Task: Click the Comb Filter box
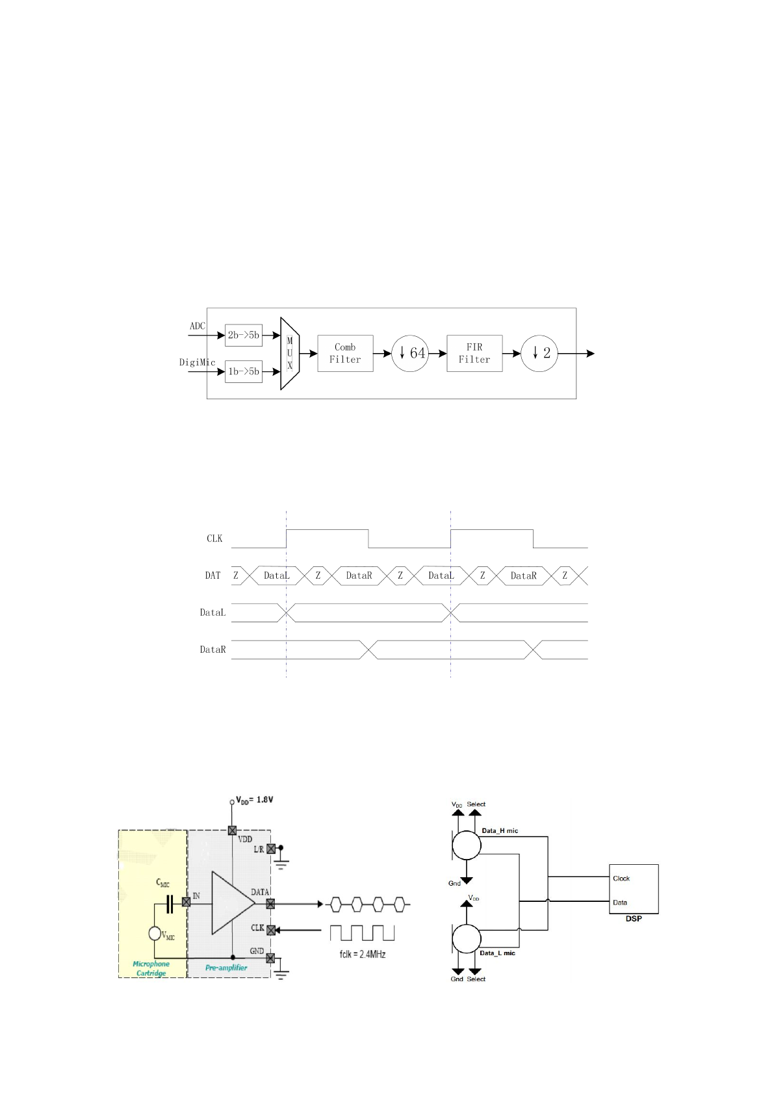[345, 353]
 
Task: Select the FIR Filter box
[474, 353]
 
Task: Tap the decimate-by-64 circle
[410, 353]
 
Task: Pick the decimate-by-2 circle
[539, 353]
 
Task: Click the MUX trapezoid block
[289, 353]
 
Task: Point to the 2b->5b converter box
[243, 335]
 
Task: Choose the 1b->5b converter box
[243, 371]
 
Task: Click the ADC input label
[197, 326]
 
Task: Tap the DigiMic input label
[197, 362]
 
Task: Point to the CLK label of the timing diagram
[214, 538]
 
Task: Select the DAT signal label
[213, 575]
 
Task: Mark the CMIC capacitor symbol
[170, 904]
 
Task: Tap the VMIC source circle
[155, 933]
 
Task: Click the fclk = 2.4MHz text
[362, 954]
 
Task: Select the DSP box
[633, 889]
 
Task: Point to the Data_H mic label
[500, 831]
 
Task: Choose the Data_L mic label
[497, 953]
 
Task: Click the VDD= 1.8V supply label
[254, 800]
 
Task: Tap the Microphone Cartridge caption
[151, 968]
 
